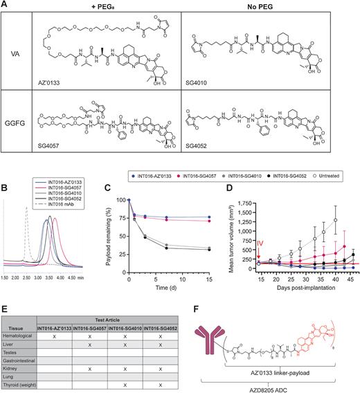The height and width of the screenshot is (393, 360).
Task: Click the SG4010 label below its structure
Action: (204, 88)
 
